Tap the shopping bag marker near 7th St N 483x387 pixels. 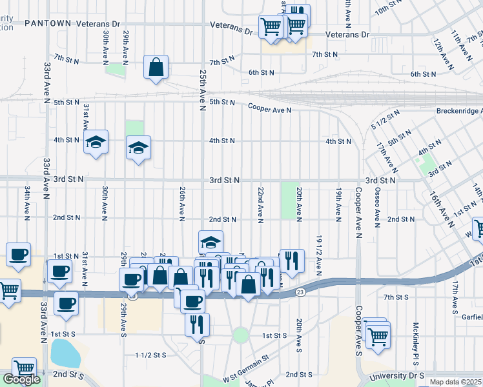point(156,67)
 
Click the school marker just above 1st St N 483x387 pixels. point(211,243)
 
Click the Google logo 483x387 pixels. point(21,379)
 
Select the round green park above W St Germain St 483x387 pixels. point(241,335)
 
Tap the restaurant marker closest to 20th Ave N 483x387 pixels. point(292,261)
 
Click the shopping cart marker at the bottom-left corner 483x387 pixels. point(24,369)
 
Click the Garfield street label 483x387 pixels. point(469,317)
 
